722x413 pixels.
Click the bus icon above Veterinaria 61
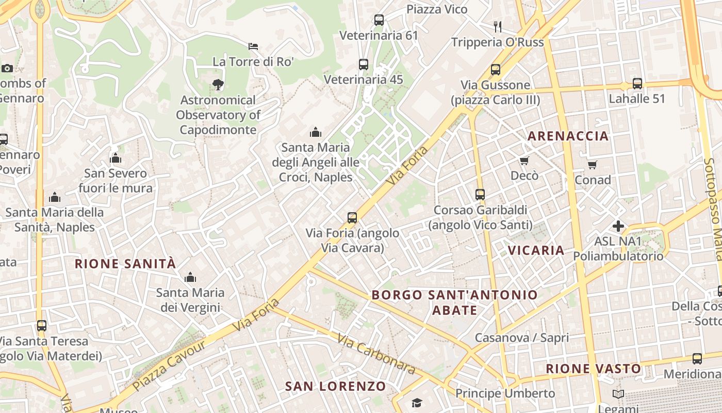[x=379, y=20]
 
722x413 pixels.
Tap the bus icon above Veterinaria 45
[x=364, y=65]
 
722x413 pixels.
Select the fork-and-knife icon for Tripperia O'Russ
[x=498, y=27]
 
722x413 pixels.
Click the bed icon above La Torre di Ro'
[x=253, y=46]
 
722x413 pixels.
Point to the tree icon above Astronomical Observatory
[x=218, y=85]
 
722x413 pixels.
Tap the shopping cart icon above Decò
[x=524, y=161]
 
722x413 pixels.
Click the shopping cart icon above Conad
[x=593, y=165]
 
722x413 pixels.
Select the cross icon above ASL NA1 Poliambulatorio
[x=618, y=226]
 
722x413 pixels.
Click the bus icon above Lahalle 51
[x=637, y=84]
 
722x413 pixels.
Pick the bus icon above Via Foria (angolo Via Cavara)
[x=352, y=218]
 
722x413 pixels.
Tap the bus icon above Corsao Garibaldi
[x=480, y=195]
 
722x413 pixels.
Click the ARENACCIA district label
[x=568, y=136]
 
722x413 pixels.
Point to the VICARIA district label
[x=536, y=250]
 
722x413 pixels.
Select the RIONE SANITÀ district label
[x=125, y=264]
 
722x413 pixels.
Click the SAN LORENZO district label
[x=335, y=386]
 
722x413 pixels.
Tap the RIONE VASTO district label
[x=594, y=369]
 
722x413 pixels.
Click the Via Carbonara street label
[x=376, y=354]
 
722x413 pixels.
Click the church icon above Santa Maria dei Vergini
[x=190, y=278]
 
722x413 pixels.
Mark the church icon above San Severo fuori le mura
[x=116, y=158]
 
